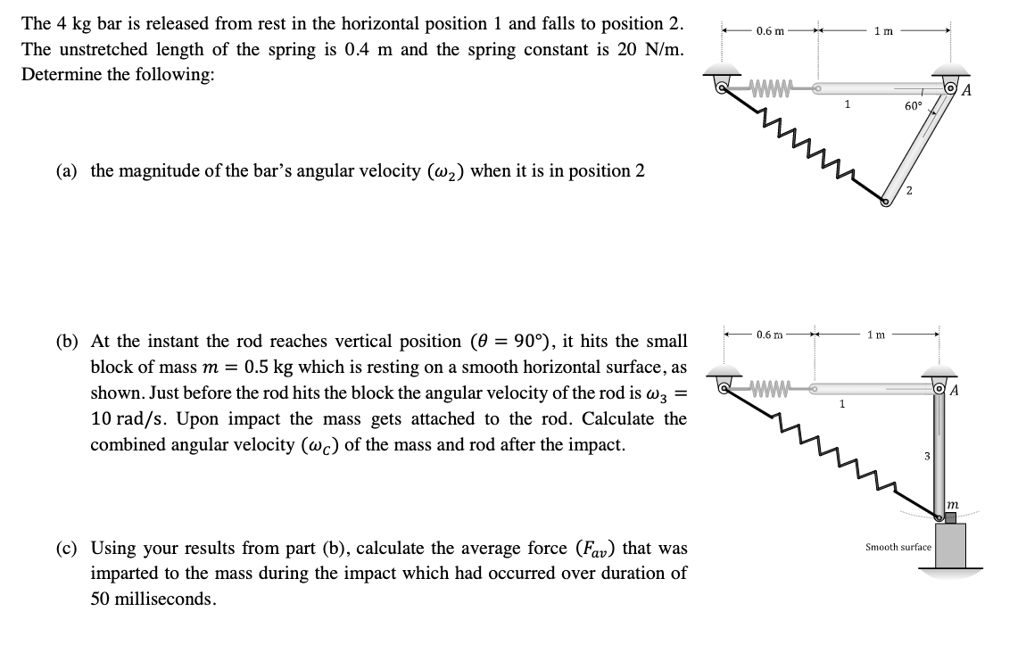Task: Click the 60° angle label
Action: coord(913,106)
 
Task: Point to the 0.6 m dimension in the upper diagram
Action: coord(770,32)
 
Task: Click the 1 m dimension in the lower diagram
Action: coord(876,335)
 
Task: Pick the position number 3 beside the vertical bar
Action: coord(927,457)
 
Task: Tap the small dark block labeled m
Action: coord(949,518)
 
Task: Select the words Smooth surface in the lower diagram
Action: coord(898,547)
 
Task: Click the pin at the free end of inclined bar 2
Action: coord(886,203)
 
